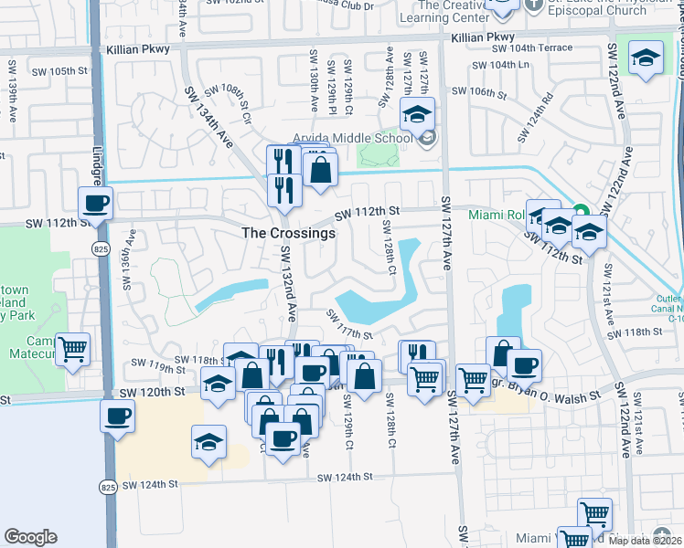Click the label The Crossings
[288, 233]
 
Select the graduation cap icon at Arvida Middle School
[418, 115]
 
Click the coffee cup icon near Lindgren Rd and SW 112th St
[94, 203]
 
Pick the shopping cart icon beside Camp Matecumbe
[73, 348]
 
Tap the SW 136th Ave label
[129, 259]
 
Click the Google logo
[30, 537]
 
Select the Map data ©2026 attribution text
[645, 541]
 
